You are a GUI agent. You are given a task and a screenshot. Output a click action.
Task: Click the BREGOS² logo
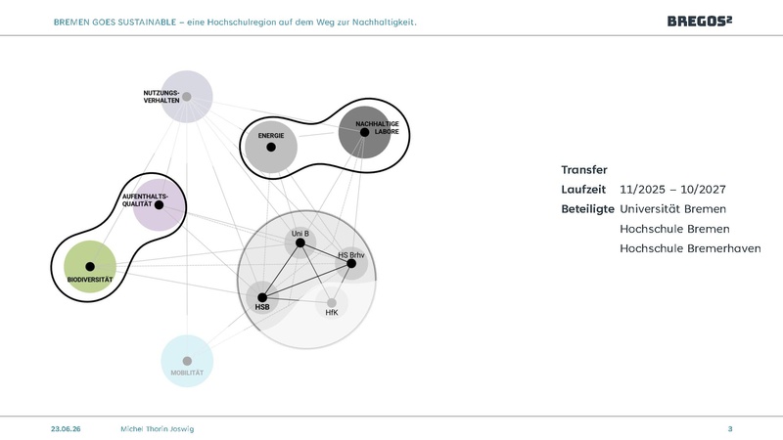click(700, 21)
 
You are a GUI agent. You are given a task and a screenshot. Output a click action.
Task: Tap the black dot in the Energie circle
click(271, 148)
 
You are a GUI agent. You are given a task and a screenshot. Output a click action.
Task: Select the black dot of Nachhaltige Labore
click(364, 132)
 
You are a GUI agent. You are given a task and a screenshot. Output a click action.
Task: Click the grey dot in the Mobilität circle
click(187, 361)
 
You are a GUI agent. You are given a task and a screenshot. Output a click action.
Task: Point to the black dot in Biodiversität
click(90, 266)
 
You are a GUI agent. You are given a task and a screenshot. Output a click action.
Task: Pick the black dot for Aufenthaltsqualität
click(159, 204)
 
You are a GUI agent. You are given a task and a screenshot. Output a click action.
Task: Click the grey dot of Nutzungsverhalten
click(187, 97)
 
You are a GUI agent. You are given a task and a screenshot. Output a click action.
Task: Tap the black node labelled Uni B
click(300, 242)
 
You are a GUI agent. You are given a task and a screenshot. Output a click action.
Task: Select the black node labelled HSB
click(262, 298)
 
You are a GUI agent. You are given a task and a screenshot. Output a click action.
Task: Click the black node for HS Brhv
click(351, 263)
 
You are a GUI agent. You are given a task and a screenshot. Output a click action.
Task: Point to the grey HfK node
click(332, 303)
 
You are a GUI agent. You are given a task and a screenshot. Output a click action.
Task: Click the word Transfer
click(584, 169)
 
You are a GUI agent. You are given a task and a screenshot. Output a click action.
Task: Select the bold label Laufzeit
click(583, 190)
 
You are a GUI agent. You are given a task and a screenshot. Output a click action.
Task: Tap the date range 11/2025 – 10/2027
click(672, 190)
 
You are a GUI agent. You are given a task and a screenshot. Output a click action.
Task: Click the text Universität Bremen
click(672, 209)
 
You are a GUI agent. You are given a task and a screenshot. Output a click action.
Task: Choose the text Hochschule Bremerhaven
click(690, 248)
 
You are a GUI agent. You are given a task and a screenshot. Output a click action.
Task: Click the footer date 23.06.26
click(66, 429)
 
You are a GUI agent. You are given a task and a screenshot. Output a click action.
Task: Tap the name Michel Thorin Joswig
click(158, 429)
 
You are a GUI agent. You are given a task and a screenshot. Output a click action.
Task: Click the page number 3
click(730, 429)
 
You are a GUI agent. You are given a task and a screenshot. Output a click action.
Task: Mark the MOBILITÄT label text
click(187, 373)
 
